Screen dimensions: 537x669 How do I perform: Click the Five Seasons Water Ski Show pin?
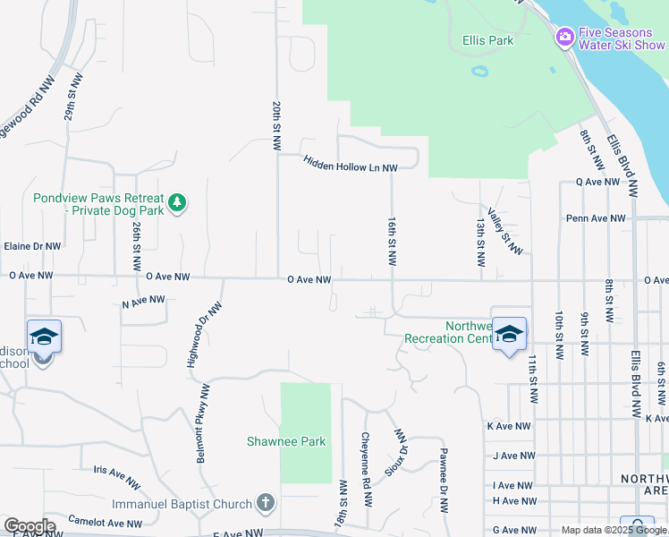pos(564,37)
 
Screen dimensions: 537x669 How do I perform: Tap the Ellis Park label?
pos(488,40)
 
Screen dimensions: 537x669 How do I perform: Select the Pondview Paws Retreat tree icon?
pos(178,202)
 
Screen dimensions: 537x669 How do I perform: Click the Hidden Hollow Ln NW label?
pos(350,162)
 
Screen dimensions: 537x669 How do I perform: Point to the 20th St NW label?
pos(277,124)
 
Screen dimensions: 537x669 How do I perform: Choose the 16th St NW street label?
pos(392,240)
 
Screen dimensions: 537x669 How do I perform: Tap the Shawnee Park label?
pos(286,441)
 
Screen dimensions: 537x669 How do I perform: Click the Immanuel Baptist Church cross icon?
pos(265,503)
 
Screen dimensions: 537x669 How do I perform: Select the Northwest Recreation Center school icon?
pos(509,335)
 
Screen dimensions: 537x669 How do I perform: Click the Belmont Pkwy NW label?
pos(203,423)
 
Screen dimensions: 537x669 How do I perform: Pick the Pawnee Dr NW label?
pos(444,481)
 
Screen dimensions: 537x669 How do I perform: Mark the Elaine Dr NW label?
pos(32,246)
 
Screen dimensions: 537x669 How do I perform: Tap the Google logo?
pos(30,526)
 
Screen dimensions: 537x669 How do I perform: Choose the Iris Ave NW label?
pos(117,475)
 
